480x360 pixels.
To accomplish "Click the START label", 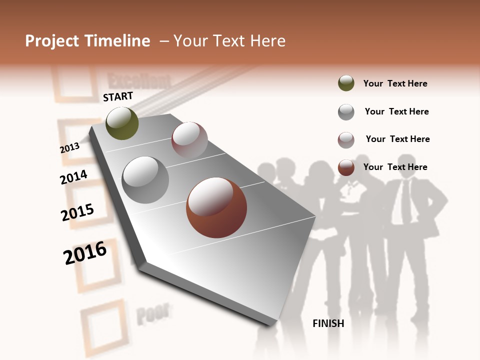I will tap(118, 96).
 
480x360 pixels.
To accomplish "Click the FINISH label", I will tap(328, 323).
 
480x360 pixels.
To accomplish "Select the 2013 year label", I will tap(70, 147).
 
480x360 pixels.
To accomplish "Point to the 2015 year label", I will tap(77, 212).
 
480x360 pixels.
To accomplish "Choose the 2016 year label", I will tap(85, 253).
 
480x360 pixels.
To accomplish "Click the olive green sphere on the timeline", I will tap(122, 123).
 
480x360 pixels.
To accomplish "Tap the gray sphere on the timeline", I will tap(145, 179).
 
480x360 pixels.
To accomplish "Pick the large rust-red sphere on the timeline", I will tap(216, 207).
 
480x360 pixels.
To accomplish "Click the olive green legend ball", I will tap(346, 83).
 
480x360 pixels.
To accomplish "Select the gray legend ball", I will tap(346, 111).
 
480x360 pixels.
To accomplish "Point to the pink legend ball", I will tap(346, 139).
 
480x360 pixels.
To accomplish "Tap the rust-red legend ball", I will tap(346, 167).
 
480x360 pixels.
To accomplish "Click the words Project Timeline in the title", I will tap(87, 41).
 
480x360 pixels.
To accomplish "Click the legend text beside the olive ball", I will tap(395, 83).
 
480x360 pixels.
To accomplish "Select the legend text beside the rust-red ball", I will tap(395, 167).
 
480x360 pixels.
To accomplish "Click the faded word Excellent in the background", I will tap(139, 80).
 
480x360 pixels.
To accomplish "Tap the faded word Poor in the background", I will tap(152, 313).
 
